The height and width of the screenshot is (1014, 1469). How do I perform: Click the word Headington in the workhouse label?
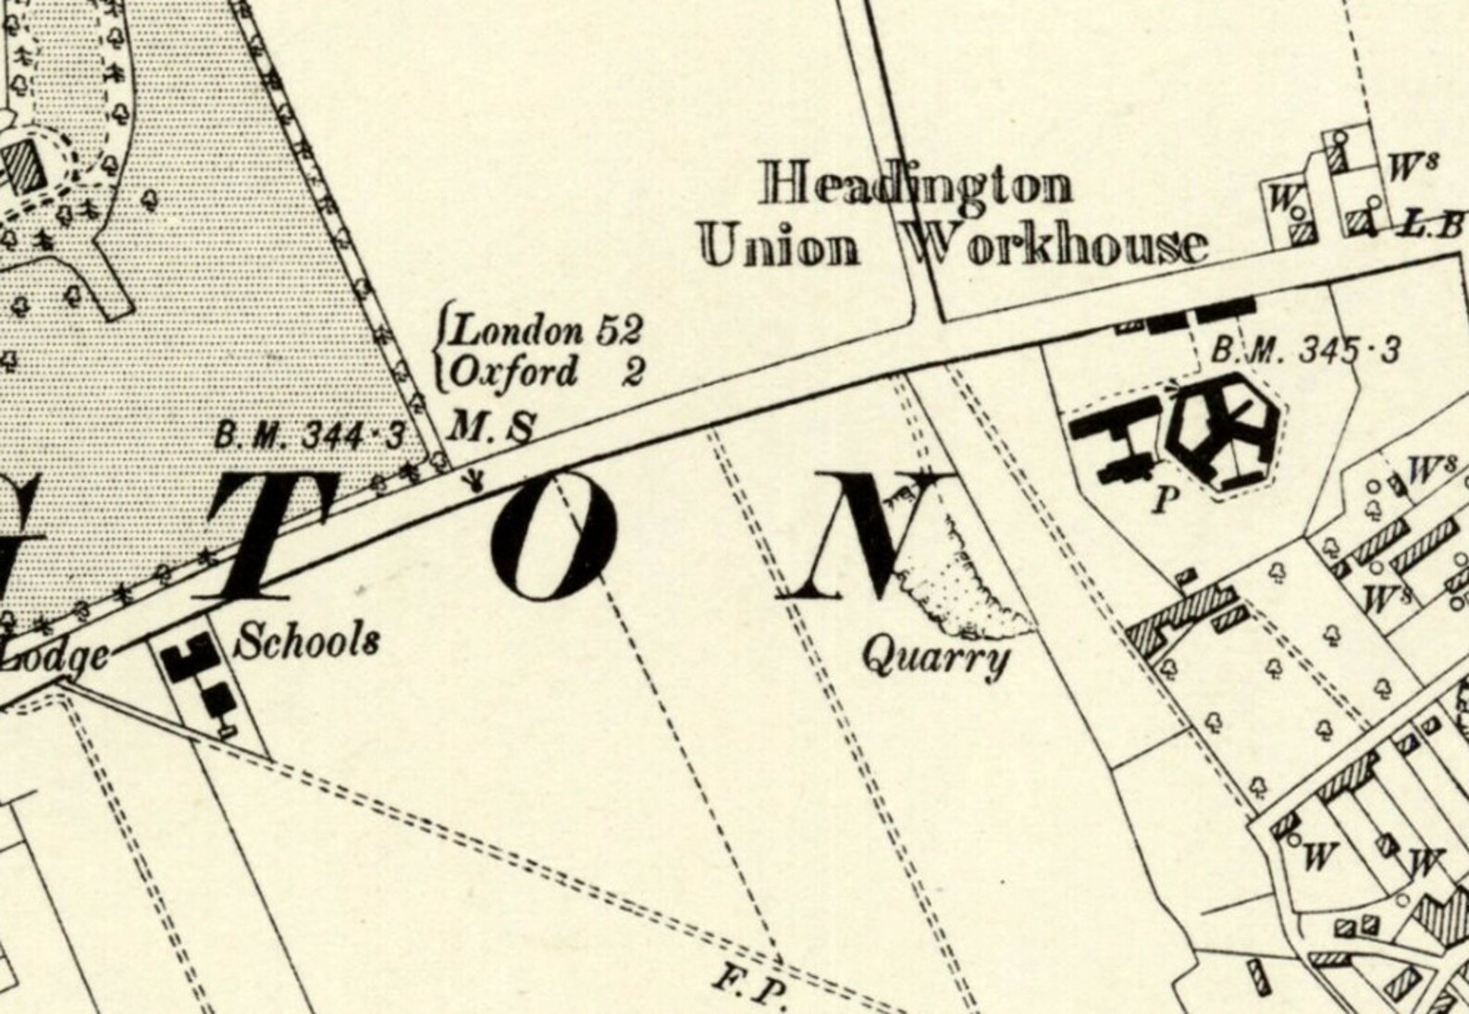(x=916, y=185)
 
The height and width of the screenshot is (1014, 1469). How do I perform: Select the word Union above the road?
(x=780, y=247)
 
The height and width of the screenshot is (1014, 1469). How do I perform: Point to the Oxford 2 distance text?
(x=546, y=372)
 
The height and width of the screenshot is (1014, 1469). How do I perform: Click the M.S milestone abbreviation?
(x=491, y=427)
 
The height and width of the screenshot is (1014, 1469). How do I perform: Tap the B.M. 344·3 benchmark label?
(x=310, y=435)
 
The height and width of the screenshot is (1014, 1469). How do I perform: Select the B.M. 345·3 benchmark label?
(x=1305, y=351)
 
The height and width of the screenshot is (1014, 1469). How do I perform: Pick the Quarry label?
(x=934, y=660)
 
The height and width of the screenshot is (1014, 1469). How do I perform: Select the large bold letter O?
(x=553, y=536)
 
